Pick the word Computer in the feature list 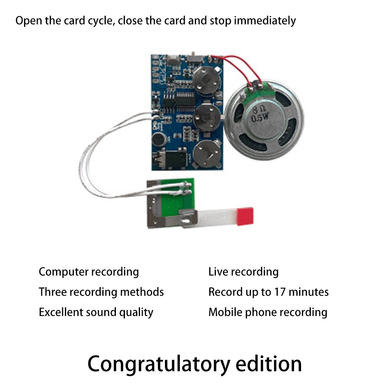[63, 272]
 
